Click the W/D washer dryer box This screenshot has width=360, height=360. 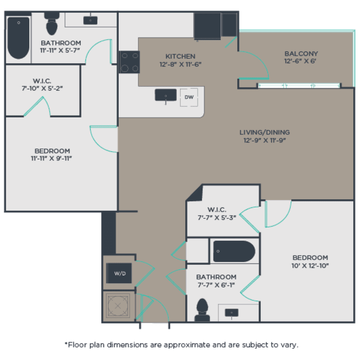coord(119,272)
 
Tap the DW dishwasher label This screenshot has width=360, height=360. coord(188,97)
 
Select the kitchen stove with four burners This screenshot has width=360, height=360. coord(129,62)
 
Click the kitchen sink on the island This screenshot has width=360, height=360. coord(166,96)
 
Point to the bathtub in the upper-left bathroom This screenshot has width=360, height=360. coord(19,37)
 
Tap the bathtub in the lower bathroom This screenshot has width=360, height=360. coord(234,251)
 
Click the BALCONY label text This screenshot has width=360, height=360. coord(301,54)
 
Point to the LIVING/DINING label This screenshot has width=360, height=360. coord(264,132)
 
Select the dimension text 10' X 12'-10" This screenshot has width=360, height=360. coord(311,266)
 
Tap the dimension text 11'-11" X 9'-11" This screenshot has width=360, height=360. coord(52,159)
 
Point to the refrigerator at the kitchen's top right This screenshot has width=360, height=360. coord(207,26)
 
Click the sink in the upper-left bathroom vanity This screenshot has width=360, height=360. coord(91,20)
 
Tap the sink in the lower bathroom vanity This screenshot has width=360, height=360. coord(232,312)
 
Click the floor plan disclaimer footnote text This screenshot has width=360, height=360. coord(181,344)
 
